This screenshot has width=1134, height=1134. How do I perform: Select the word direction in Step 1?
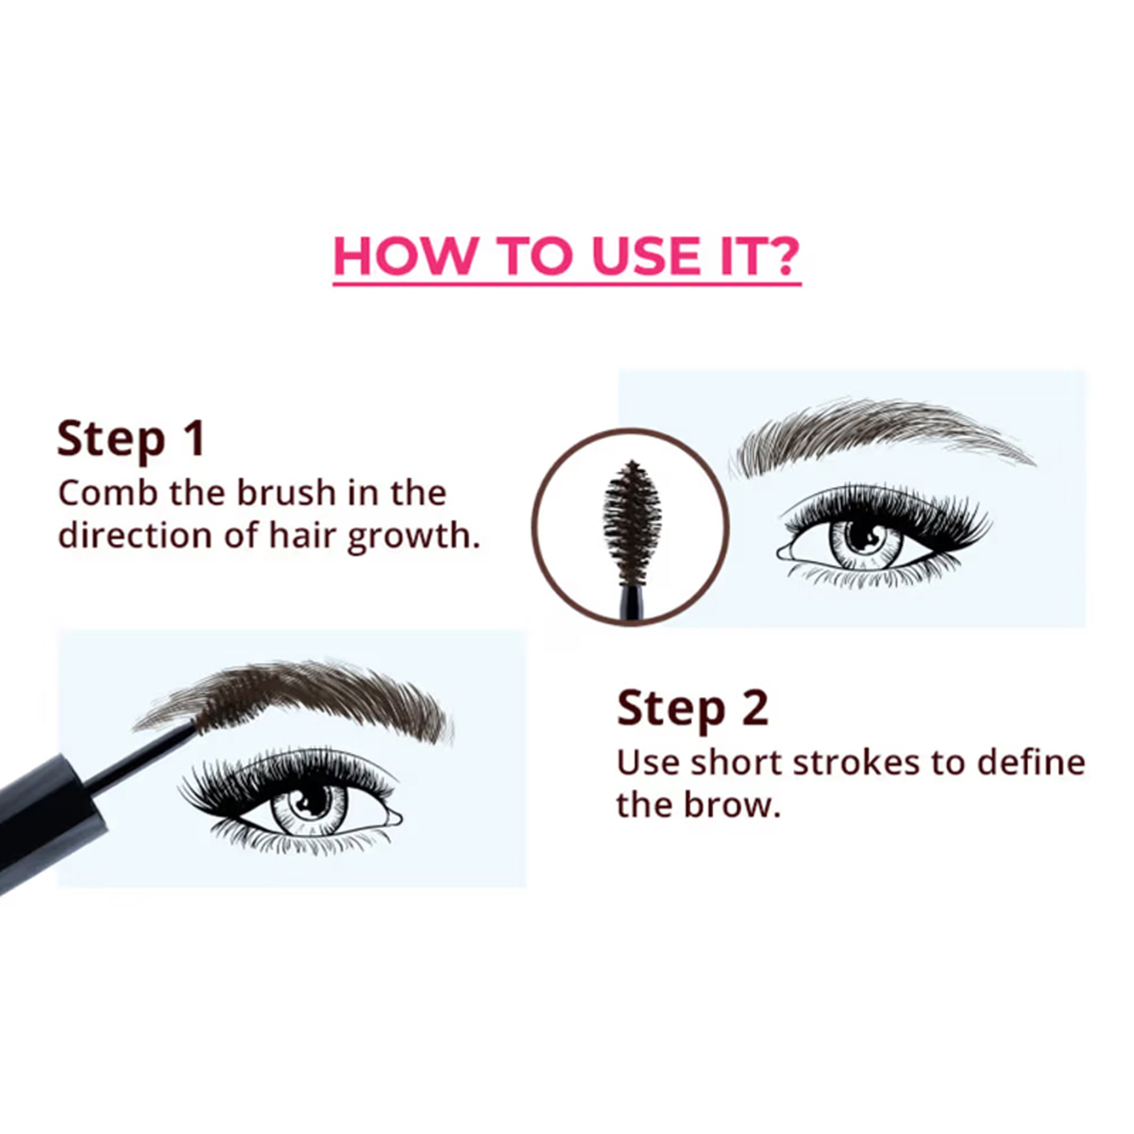(x=135, y=535)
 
